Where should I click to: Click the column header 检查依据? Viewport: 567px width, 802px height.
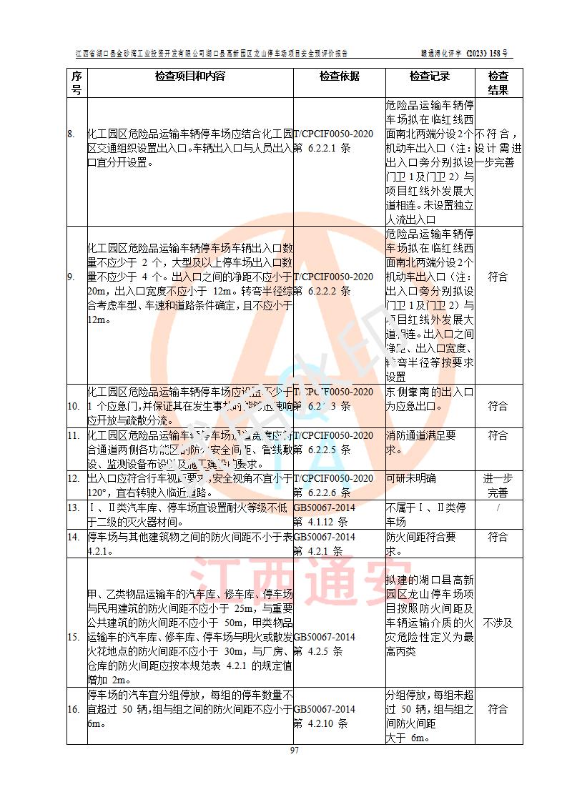[x=339, y=76]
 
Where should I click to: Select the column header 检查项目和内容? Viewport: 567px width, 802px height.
[x=190, y=76]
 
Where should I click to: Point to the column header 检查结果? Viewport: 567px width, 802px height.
[x=498, y=83]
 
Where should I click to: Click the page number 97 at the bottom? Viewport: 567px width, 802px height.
[x=294, y=750]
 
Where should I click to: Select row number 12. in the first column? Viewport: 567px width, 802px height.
[x=74, y=478]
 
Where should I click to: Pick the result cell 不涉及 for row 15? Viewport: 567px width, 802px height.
[x=498, y=623]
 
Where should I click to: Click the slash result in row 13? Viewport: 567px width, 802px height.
[x=498, y=508]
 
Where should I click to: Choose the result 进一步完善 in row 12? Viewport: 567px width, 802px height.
[x=498, y=485]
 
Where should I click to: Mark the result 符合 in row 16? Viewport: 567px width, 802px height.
[x=498, y=709]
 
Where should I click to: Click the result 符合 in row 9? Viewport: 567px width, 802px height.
[x=498, y=277]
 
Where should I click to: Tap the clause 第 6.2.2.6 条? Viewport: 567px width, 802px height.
[x=322, y=492]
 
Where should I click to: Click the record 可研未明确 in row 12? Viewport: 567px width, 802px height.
[x=411, y=478]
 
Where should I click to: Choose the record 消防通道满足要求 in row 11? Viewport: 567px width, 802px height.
[x=420, y=442]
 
